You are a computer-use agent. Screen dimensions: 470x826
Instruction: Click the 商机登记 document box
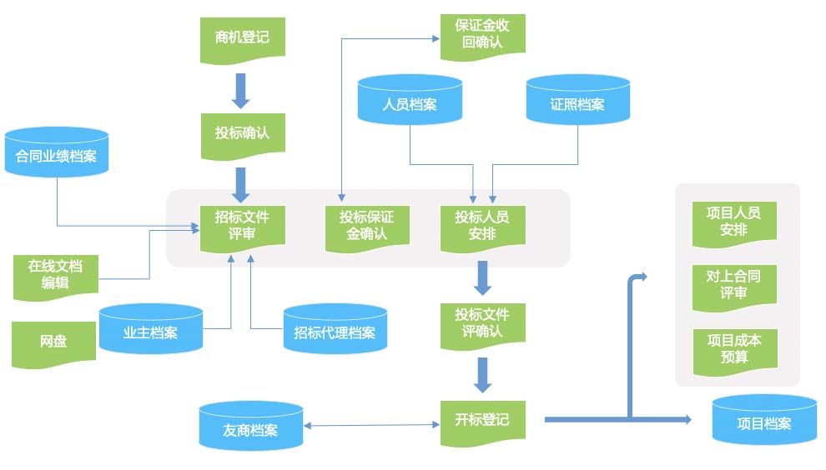point(242,37)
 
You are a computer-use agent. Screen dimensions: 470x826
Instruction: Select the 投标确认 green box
point(242,133)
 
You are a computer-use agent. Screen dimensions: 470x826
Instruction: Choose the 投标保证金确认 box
point(367,225)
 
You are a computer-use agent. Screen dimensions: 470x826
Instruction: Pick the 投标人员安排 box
point(482,225)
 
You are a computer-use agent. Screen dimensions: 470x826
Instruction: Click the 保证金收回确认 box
point(482,34)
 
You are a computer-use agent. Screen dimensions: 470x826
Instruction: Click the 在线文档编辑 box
point(55,275)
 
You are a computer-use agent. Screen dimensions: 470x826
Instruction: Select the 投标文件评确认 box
point(482,322)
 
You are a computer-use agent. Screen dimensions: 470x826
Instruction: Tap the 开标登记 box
point(482,419)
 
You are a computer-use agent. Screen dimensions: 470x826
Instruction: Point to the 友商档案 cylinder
point(250,427)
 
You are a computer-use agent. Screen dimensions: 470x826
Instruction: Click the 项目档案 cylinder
point(763,421)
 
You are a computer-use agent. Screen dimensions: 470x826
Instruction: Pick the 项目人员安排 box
point(733,222)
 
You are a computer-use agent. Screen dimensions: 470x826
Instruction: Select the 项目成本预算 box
point(733,348)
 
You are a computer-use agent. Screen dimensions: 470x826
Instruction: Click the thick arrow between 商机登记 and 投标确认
point(241,91)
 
